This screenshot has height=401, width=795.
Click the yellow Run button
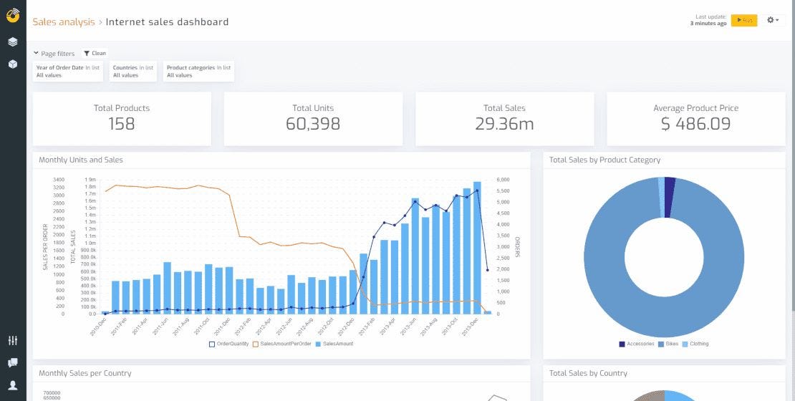click(x=744, y=20)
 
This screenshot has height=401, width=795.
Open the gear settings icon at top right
click(x=773, y=20)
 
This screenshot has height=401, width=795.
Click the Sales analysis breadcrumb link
click(x=63, y=22)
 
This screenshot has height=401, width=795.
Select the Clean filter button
click(x=95, y=53)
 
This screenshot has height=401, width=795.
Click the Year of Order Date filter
click(x=69, y=71)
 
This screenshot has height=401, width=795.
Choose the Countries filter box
click(x=132, y=71)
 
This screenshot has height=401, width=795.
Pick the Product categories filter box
click(x=198, y=71)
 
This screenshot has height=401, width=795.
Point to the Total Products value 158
click(x=122, y=124)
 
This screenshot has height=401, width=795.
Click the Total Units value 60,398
click(x=313, y=124)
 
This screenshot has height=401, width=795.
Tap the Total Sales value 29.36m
click(x=504, y=124)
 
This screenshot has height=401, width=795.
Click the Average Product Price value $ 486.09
click(x=695, y=124)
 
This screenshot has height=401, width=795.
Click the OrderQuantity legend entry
click(x=230, y=344)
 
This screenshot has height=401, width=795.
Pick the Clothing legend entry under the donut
click(x=695, y=344)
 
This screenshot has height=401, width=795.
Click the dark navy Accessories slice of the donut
click(x=670, y=197)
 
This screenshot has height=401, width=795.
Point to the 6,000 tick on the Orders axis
click(x=503, y=180)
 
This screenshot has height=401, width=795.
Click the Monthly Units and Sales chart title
click(x=81, y=160)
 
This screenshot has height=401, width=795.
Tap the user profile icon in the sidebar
click(x=13, y=385)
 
